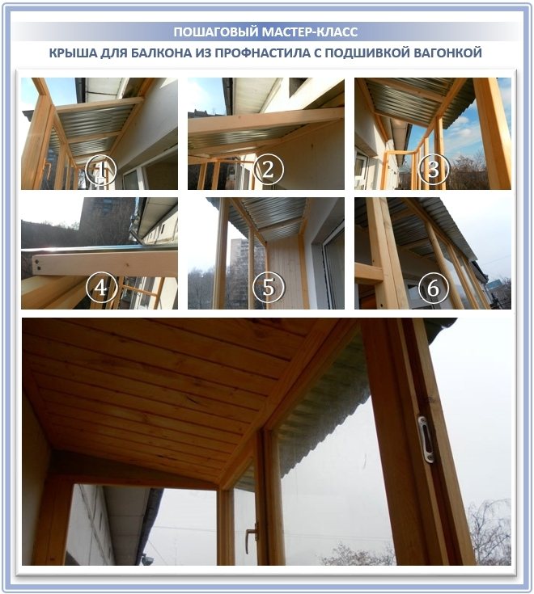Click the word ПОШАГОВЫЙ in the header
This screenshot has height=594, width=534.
[212, 32]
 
